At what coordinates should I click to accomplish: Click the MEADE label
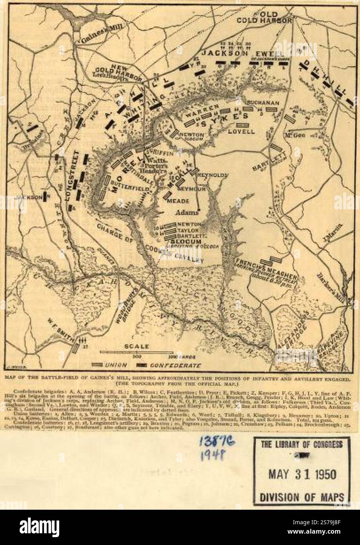click(x=178, y=201)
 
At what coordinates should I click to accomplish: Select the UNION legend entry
click(x=115, y=365)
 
